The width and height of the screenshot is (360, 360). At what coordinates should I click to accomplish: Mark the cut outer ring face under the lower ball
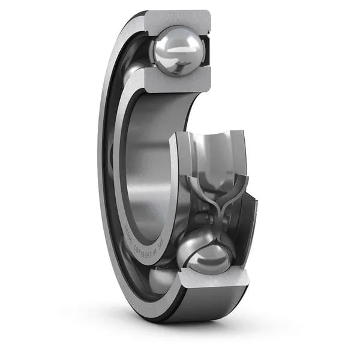click(x=213, y=277)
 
